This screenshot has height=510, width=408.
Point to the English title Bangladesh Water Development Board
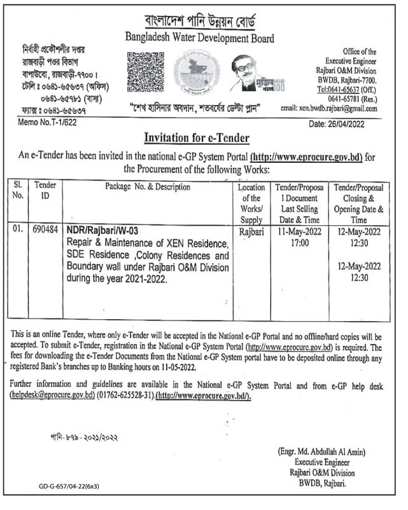pos(204,39)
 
